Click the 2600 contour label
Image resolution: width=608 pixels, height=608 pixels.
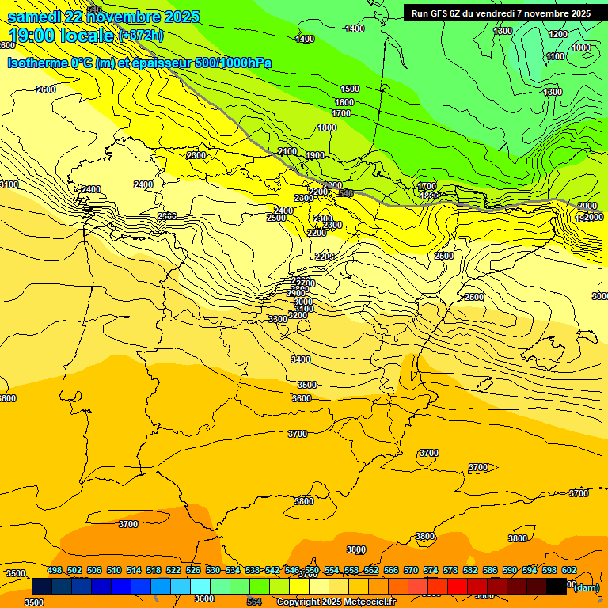coord(46,89)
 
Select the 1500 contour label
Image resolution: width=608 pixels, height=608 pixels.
coord(350,89)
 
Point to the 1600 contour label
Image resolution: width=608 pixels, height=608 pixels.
coord(344,102)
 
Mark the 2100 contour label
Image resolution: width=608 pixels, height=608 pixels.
coord(287,151)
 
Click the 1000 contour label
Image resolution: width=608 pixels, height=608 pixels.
coord(581,47)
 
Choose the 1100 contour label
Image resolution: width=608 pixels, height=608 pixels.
coord(556,56)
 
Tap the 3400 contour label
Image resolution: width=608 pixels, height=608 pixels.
coord(301,359)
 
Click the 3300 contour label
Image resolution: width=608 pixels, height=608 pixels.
coord(278,319)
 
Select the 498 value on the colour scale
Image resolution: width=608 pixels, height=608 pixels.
coord(55,570)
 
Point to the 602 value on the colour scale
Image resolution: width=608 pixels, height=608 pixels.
coord(568,570)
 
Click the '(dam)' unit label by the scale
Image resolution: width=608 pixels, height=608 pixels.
coord(587,587)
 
